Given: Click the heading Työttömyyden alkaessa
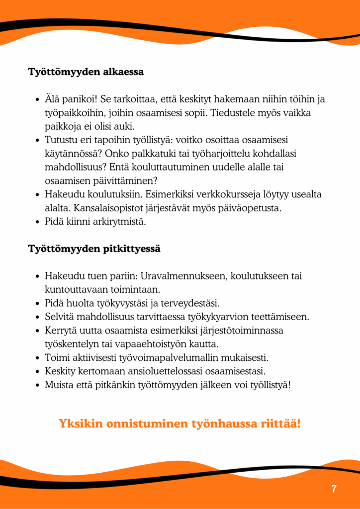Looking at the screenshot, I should pyautogui.click(x=86, y=72).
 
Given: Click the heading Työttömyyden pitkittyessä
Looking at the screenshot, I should pyautogui.click(x=94, y=248).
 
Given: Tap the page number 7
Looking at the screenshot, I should pyautogui.click(x=334, y=489).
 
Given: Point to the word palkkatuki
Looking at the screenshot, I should pyautogui.click(x=186, y=154).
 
